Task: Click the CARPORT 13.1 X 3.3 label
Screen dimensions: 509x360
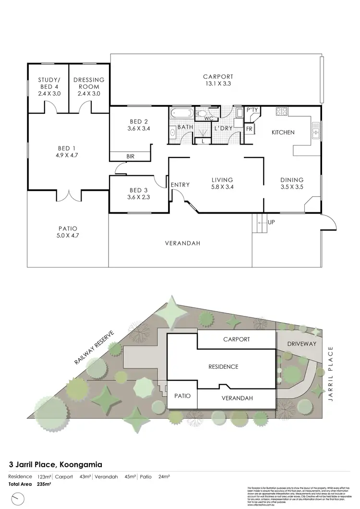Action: point(217,80)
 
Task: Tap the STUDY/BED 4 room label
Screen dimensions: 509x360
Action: point(49,86)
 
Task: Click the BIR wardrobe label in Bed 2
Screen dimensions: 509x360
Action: point(131,157)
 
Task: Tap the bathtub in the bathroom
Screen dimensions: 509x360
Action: point(181,114)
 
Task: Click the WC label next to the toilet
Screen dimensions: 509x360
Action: point(208,118)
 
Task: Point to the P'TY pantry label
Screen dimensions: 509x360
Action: point(252,110)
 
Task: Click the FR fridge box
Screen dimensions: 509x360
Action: point(249,129)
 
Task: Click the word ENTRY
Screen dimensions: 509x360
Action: point(180,185)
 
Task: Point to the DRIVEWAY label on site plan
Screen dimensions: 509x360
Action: point(299,344)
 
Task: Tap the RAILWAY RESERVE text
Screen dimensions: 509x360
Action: point(94,348)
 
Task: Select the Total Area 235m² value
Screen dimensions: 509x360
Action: point(44,484)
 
